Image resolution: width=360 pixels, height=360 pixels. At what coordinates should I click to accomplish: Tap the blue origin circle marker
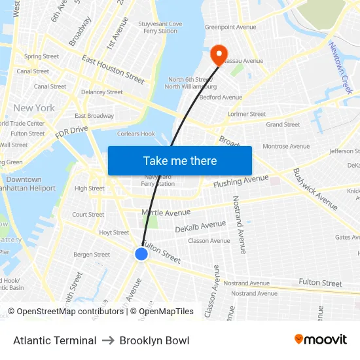pos(141,254)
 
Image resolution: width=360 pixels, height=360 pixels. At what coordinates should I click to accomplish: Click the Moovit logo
pos(320,340)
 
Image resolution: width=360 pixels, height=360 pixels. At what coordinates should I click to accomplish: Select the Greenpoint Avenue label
pos(230,27)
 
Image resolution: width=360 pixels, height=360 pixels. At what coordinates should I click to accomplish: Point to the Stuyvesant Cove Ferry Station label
pos(160,27)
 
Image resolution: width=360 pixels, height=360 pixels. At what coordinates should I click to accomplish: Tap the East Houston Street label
pos(113,69)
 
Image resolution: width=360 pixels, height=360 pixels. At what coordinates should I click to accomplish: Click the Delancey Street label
pos(101,92)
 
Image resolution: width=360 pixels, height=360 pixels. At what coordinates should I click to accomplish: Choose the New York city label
pos(34,108)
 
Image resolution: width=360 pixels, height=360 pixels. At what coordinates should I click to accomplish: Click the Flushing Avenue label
pos(241,180)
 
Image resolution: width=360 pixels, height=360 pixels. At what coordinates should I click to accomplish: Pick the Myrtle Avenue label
pos(166,212)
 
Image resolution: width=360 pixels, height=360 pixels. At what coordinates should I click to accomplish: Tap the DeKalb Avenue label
pos(200,226)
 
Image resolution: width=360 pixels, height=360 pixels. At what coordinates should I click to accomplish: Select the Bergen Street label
pos(92,255)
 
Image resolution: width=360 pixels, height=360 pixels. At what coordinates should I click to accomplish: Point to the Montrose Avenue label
pos(286,146)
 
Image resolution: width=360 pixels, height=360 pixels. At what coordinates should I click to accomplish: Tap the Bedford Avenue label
pos(221,98)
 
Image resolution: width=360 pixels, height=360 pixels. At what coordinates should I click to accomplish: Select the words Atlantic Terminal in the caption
pos(55,340)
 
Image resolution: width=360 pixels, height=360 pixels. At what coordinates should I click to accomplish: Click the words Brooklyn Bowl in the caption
pos(154,340)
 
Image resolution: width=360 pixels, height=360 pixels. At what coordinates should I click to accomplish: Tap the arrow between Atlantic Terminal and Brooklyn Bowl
pos(108,340)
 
